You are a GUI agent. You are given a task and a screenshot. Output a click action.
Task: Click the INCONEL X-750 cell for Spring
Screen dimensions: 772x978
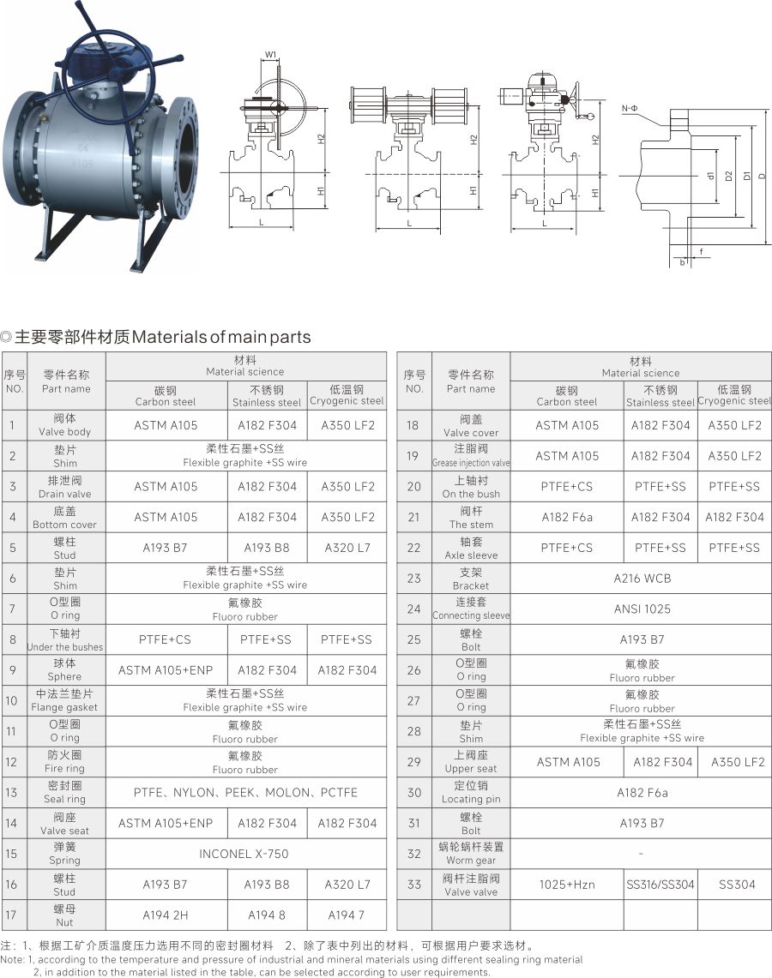pyautogui.click(x=244, y=853)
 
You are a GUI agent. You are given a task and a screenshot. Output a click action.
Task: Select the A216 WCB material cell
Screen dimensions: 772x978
pyautogui.click(x=642, y=579)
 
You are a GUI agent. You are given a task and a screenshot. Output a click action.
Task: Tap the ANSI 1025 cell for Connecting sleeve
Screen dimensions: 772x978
pyautogui.click(x=642, y=609)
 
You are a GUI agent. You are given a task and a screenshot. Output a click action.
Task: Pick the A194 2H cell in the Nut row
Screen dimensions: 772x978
pyautogui.click(x=166, y=915)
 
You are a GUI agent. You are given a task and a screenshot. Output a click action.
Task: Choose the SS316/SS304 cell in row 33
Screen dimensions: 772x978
pyautogui.click(x=660, y=885)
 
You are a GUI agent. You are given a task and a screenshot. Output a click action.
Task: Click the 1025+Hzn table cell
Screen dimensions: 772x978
pyautogui.click(x=567, y=885)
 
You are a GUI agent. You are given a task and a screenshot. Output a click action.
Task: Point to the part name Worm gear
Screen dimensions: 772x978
pyautogui.click(x=471, y=853)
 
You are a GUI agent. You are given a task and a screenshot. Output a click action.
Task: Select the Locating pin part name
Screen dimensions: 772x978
pyautogui.click(x=471, y=792)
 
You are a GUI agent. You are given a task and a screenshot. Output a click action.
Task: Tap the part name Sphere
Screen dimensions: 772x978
pyautogui.click(x=65, y=670)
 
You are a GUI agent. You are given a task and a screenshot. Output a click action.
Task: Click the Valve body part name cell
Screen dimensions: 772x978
pyautogui.click(x=65, y=425)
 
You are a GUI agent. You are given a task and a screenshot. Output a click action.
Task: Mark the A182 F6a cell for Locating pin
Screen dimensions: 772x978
pyautogui.click(x=642, y=792)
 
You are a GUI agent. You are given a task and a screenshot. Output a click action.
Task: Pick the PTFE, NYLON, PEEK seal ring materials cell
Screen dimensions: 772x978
pyautogui.click(x=245, y=792)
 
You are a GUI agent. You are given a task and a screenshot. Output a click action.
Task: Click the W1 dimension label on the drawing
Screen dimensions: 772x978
pyautogui.click(x=270, y=55)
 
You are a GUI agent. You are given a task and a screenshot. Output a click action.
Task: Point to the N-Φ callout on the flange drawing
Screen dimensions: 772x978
pyautogui.click(x=629, y=109)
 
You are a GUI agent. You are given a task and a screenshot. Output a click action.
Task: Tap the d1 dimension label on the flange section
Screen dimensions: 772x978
pyautogui.click(x=709, y=176)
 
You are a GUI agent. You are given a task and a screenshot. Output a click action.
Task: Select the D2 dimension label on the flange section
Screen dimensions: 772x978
pyautogui.click(x=727, y=176)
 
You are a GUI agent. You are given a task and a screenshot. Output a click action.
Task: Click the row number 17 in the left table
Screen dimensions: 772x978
pyautogui.click(x=11, y=915)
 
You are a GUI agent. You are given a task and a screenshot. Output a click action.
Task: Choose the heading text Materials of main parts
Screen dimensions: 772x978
pyautogui.click(x=221, y=337)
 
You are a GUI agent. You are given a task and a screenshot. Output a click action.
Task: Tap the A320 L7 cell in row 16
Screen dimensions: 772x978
pyautogui.click(x=347, y=885)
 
